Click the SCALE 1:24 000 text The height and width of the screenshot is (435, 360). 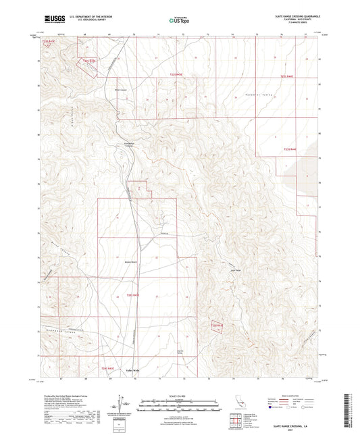180,394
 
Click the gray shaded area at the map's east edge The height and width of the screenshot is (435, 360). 307,169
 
